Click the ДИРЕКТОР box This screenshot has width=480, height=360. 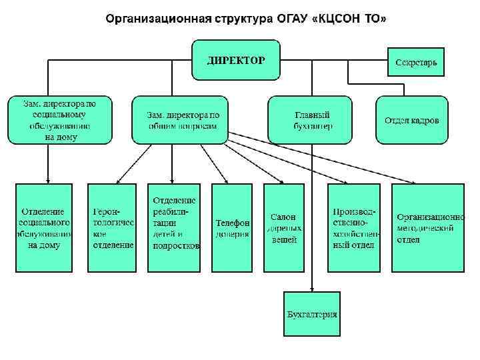point(235,61)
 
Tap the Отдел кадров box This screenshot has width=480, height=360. point(411,120)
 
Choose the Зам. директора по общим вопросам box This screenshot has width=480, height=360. point(180,120)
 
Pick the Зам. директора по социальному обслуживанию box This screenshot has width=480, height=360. point(61,120)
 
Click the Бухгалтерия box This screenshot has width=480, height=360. point(311,314)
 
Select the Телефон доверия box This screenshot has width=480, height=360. point(233,227)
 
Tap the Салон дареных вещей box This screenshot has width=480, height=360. point(283,227)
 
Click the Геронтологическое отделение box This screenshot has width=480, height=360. point(113,227)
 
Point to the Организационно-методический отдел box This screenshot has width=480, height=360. point(427,227)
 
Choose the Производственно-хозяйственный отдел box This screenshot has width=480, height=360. point(353,227)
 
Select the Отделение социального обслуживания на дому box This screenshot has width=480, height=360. point(45,227)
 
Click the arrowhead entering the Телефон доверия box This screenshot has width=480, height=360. point(228,182)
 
